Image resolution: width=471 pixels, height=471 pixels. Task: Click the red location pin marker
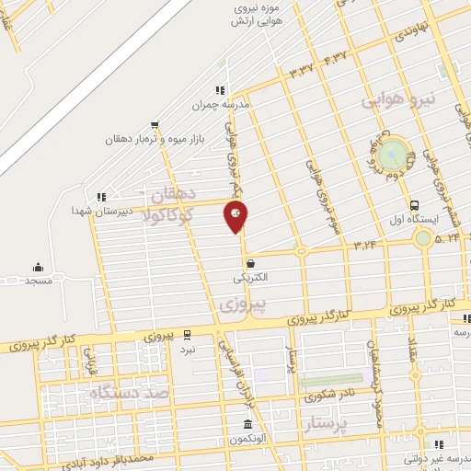tap(235, 216)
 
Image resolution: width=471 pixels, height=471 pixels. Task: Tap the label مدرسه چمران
tap(221, 105)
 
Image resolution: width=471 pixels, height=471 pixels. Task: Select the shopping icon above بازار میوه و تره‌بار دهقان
tap(154, 125)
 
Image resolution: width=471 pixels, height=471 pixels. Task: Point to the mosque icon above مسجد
tap(38, 267)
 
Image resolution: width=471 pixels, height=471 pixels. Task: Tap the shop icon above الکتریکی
tap(250, 263)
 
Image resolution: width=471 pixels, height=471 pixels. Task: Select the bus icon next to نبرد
tap(188, 334)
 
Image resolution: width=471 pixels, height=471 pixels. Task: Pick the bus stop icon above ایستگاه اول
tap(416, 206)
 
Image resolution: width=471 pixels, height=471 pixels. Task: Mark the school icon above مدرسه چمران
tap(220, 90)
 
